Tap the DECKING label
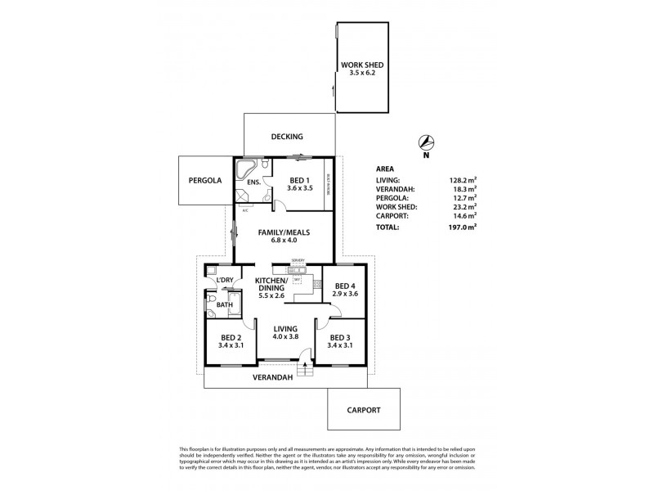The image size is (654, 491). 288,137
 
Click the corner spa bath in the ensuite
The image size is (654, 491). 245,172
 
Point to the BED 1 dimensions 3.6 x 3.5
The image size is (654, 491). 299,189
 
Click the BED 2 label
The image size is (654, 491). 231,337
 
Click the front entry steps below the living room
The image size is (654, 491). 306,372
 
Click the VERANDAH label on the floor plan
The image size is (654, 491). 273,379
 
